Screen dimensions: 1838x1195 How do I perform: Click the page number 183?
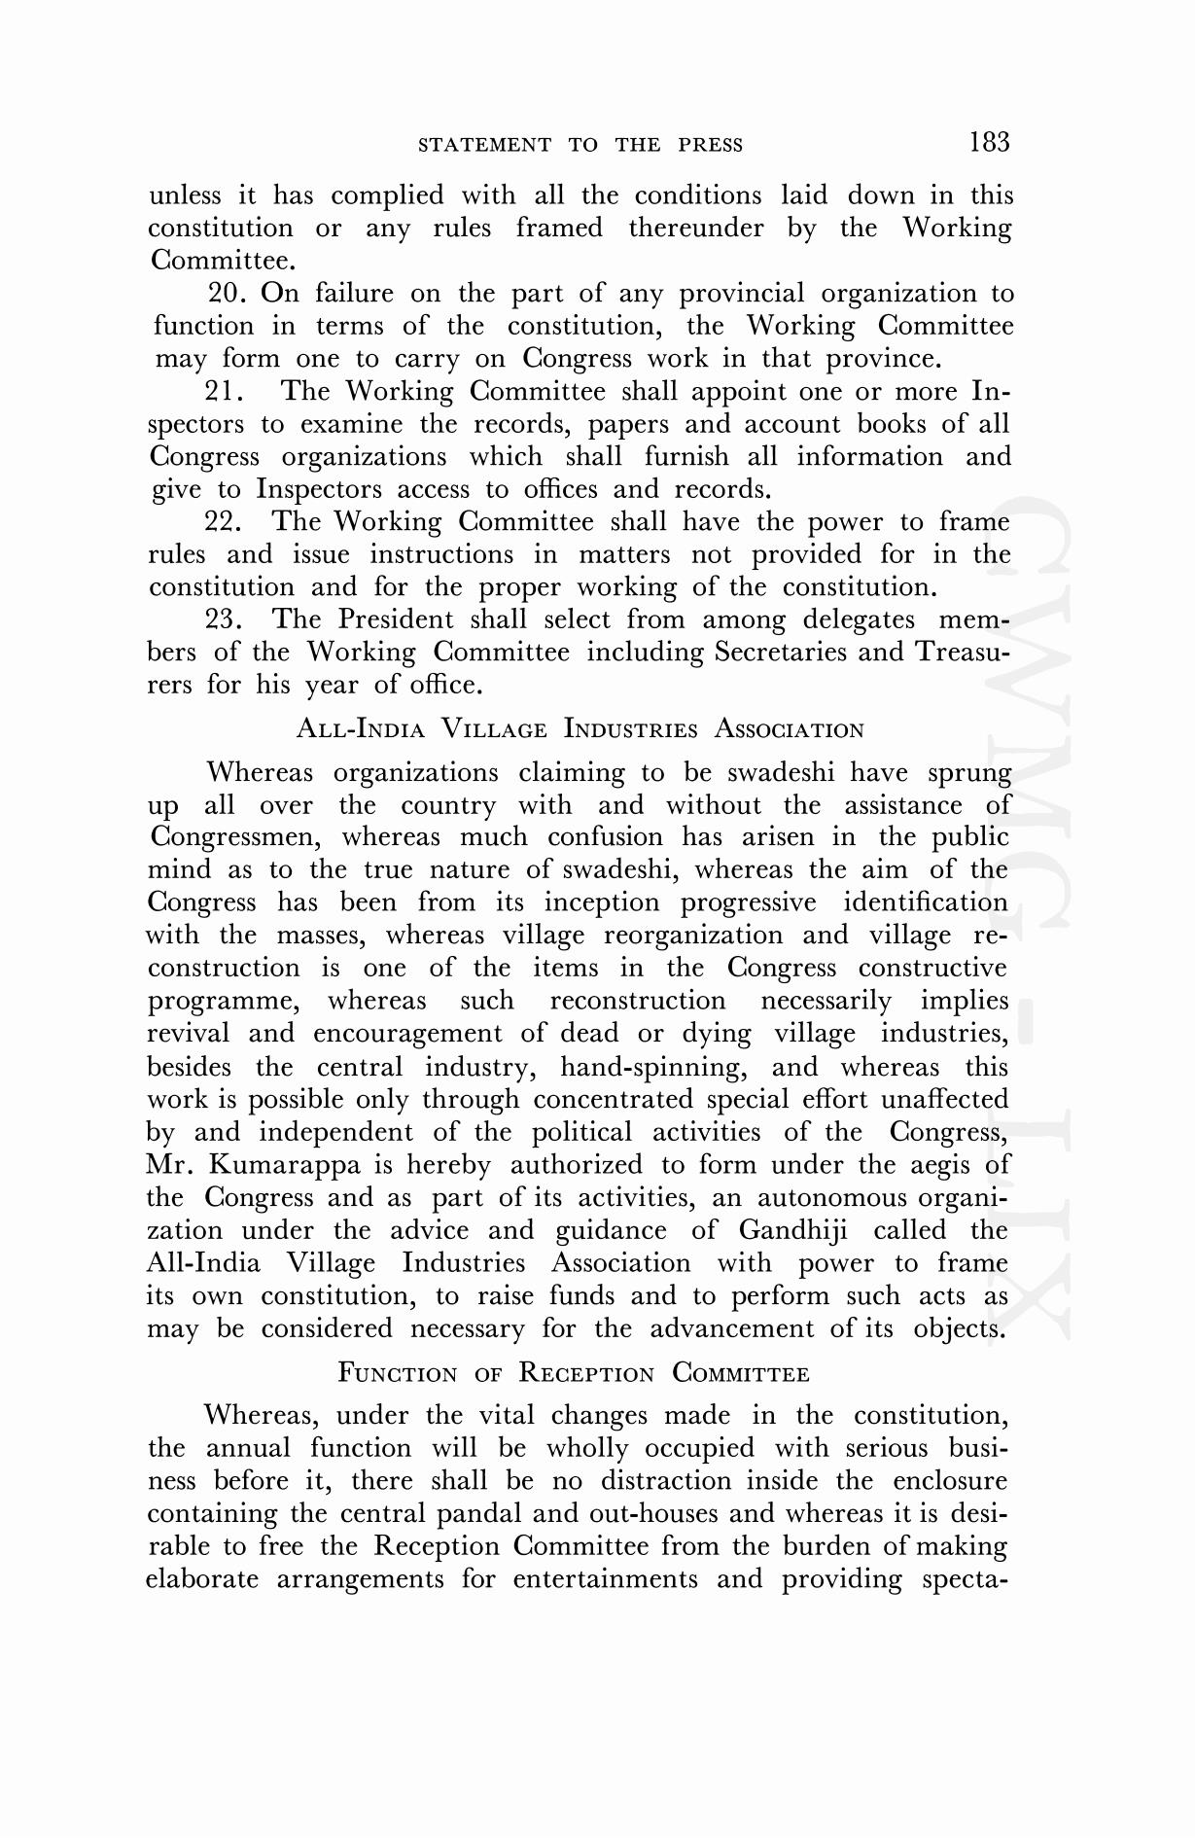[989, 142]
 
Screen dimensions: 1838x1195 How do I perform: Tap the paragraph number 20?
[228, 293]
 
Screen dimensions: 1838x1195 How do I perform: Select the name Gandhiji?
[792, 1230]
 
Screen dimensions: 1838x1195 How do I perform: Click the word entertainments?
[605, 1579]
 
